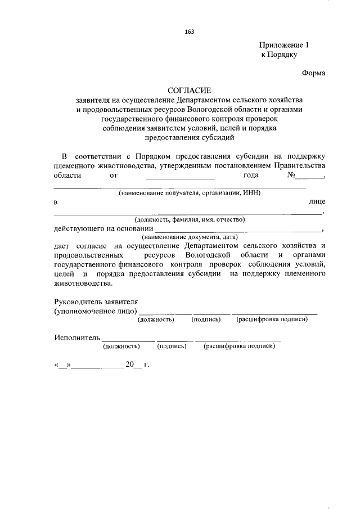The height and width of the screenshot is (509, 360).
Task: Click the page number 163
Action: [x=190, y=31]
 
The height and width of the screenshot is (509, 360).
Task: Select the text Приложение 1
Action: [x=285, y=44]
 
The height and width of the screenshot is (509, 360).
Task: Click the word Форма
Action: [x=313, y=73]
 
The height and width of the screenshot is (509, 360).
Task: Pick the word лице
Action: [x=317, y=201]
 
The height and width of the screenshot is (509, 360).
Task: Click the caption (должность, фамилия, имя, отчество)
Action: [x=189, y=219]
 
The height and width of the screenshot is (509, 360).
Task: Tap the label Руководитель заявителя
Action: [x=96, y=301]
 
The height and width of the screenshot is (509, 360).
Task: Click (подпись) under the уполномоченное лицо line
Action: [x=205, y=319]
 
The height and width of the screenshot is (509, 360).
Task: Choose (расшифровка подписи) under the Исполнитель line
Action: [x=239, y=346]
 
